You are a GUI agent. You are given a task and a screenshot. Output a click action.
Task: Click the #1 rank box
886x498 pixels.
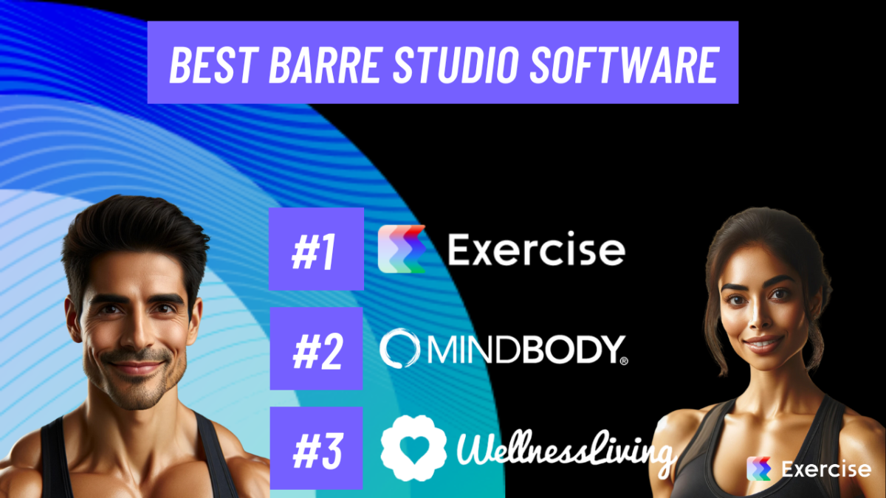point(316,249)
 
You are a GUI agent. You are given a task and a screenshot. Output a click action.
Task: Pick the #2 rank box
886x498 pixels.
point(316,348)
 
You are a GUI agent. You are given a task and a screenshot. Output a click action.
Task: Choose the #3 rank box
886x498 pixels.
point(316,447)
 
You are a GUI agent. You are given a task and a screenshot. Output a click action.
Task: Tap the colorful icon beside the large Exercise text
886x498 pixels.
point(402,249)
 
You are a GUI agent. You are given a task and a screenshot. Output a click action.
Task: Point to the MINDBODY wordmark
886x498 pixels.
point(521,350)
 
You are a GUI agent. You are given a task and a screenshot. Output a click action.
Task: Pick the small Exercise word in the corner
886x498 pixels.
point(825,469)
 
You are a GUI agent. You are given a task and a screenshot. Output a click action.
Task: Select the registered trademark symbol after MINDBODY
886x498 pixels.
point(624,361)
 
